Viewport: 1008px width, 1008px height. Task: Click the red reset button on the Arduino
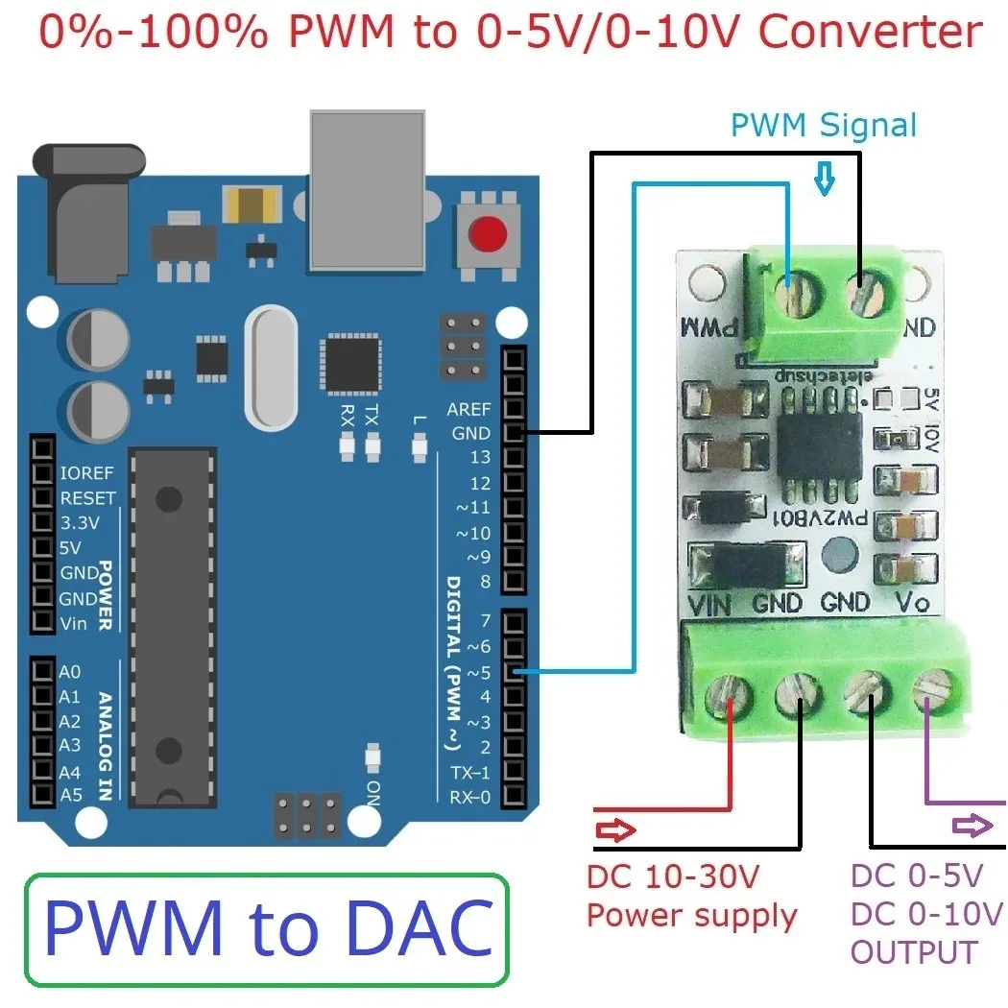[489, 233]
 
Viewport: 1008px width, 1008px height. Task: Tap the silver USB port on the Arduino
[367, 187]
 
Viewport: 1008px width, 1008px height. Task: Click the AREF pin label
[468, 409]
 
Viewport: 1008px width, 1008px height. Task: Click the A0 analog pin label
[70, 673]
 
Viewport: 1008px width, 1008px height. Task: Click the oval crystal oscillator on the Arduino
[272, 367]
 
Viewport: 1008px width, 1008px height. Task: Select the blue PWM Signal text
[823, 126]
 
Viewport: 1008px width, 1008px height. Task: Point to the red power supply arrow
[615, 829]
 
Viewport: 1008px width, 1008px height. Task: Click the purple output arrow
[972, 825]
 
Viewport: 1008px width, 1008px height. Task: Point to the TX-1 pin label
[470, 773]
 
